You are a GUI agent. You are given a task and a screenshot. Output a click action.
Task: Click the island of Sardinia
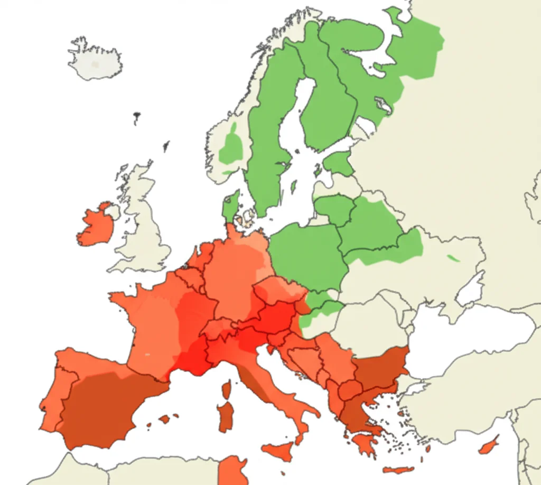pyautogui.click(x=226, y=417)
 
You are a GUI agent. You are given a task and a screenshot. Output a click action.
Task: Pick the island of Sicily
pyautogui.click(x=278, y=452)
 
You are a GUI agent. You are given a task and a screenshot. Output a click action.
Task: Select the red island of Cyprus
pyautogui.click(x=489, y=445)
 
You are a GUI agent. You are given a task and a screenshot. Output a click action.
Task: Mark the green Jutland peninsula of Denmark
pyautogui.click(x=230, y=206)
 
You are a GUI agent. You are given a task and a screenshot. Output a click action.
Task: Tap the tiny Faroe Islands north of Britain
pyautogui.click(x=137, y=116)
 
